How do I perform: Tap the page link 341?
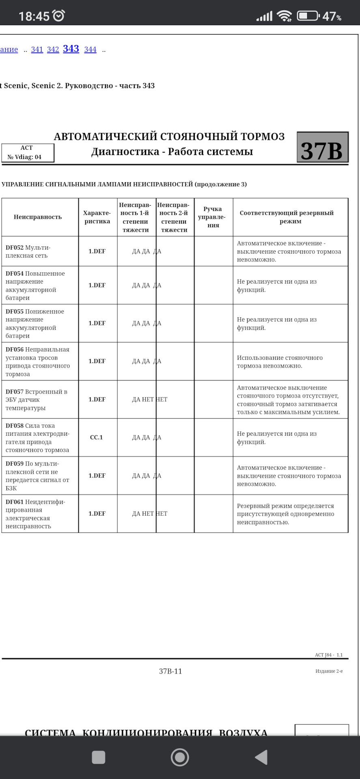coord(37,49)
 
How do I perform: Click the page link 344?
coord(90,49)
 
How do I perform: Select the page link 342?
coord(53,49)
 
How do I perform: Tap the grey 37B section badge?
coord(322,147)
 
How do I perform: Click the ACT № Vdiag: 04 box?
coord(28,153)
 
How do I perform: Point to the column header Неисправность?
coord(38,217)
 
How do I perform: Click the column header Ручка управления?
coord(213,217)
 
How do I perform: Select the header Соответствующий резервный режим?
coord(290,217)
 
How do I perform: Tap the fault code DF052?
coord(15,247)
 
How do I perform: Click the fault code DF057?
coord(15,392)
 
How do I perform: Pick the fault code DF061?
coord(15,502)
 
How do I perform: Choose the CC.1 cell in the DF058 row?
coord(97,437)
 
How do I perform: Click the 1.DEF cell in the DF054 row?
coord(97,285)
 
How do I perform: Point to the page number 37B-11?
coord(170,671)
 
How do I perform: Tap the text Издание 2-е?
coord(329,671)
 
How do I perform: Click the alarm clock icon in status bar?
coord(59,16)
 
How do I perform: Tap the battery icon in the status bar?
coord(308,16)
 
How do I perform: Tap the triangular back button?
coord(261,757)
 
